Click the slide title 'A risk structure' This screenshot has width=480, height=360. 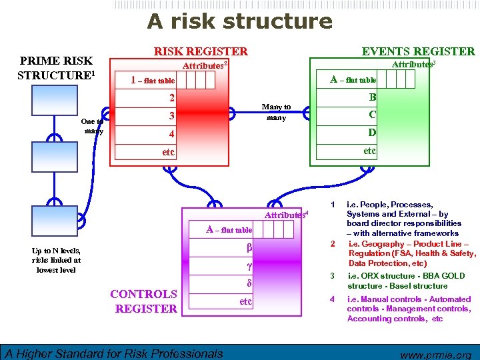(239, 21)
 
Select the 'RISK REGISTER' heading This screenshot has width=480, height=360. (201, 51)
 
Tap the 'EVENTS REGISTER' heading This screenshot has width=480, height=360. (418, 51)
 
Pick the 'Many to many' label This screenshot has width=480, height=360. (276, 112)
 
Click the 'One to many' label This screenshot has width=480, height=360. (91, 127)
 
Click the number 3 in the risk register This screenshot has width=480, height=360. (171, 116)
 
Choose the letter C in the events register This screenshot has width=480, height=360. (372, 115)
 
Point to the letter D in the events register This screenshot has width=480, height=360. (372, 133)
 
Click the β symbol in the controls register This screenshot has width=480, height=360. (248, 248)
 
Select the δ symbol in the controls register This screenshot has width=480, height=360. (248, 283)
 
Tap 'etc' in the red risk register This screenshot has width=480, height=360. (169, 152)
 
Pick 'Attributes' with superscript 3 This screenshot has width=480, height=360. (413, 65)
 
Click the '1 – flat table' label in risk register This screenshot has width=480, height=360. (153, 81)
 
